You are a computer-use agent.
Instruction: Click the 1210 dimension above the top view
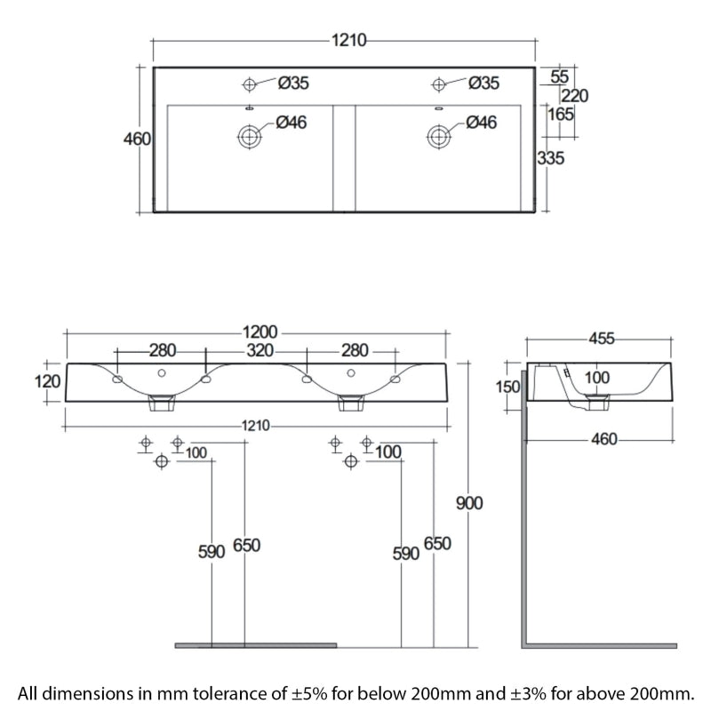[348, 40]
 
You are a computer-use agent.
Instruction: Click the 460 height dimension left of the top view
[137, 139]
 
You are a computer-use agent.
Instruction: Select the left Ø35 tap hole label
[293, 83]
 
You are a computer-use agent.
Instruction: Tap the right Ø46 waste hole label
[482, 122]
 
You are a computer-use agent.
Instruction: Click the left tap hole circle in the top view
[250, 84]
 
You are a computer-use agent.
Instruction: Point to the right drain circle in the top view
[438, 136]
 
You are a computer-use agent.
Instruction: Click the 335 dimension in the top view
[551, 158]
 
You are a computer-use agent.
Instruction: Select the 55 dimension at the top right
[560, 76]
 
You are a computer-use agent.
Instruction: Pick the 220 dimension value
[575, 96]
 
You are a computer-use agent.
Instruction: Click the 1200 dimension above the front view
[260, 332]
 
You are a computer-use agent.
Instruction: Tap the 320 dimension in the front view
[260, 350]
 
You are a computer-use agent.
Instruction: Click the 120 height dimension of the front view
[48, 382]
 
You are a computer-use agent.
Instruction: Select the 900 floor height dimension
[469, 503]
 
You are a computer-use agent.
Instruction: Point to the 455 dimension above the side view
[602, 339]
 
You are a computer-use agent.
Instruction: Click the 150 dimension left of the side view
[507, 387]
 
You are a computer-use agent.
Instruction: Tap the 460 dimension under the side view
[604, 439]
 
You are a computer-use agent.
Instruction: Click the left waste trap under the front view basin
[162, 403]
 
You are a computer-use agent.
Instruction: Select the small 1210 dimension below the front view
[256, 426]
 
